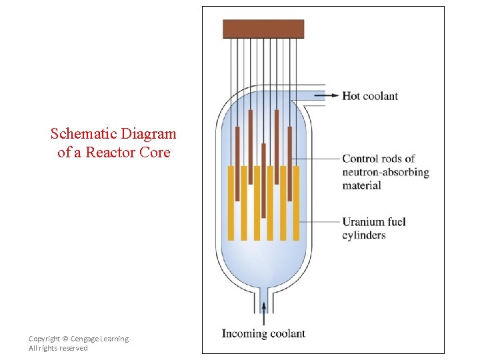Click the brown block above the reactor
click(263, 29)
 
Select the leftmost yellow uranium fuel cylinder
click(231, 203)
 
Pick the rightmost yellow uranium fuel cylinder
click(296, 203)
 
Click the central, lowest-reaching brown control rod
click(264, 180)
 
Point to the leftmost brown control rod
click(237, 163)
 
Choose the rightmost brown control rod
click(290, 163)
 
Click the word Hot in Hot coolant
click(351, 95)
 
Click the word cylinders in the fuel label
click(364, 235)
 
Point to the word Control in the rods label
click(360, 159)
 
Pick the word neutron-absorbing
click(385, 172)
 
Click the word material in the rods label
click(361, 185)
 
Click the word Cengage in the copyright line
click(87, 339)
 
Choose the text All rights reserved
click(58, 348)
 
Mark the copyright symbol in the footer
click(65, 339)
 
